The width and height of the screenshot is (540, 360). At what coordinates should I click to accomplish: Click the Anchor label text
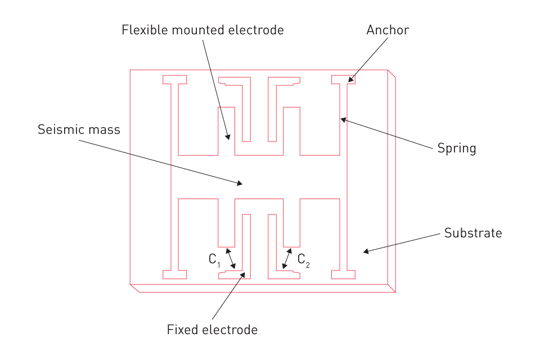pos(388,30)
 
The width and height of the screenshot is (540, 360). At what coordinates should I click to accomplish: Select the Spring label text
pos(457,148)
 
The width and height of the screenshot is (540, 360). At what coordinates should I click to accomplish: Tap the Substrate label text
pos(473,233)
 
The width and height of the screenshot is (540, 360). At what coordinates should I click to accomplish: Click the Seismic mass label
pos(79,130)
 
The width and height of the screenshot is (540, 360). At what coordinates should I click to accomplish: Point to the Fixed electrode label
pos(212,330)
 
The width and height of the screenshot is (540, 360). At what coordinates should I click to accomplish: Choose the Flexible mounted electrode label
pos(202,30)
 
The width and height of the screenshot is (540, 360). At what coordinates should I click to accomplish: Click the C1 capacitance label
pos(214,259)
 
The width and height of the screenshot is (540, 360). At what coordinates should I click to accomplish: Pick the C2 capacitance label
pos(304,259)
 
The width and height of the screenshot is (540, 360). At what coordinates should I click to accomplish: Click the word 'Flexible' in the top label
pos(143,30)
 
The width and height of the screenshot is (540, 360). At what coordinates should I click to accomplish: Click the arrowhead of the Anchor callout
pos(350,81)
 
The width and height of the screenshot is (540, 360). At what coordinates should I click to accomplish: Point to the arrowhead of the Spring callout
pos(342,119)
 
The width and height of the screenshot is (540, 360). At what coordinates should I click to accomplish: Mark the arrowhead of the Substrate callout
pos(365,251)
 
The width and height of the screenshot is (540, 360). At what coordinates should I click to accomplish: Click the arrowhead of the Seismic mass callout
pos(241,183)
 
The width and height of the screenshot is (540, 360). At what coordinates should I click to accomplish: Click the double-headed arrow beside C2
pos(286,259)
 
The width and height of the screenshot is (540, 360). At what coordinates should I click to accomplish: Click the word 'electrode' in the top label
pos(257,30)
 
